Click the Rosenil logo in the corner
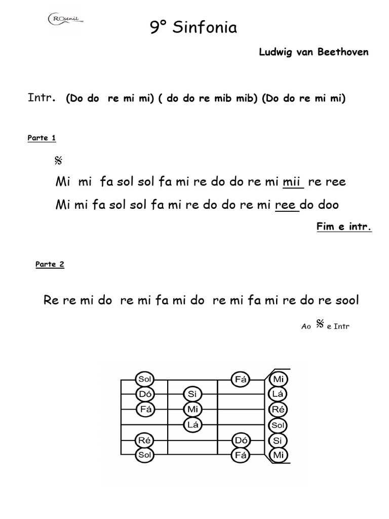click(x=65, y=20)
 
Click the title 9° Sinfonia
click(x=193, y=28)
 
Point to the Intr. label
click(x=42, y=98)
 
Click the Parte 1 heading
click(x=42, y=138)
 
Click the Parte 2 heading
click(x=50, y=264)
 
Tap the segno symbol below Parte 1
click(x=58, y=161)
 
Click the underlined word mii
click(x=292, y=182)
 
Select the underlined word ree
click(x=286, y=205)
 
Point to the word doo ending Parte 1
click(x=327, y=205)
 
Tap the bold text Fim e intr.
click(x=344, y=227)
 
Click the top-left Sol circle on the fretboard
click(x=144, y=379)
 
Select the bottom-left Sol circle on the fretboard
click(x=144, y=456)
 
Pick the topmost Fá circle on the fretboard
click(x=241, y=379)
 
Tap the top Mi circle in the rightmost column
click(x=278, y=379)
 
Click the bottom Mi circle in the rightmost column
click(x=278, y=456)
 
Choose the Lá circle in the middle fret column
click(x=192, y=425)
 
